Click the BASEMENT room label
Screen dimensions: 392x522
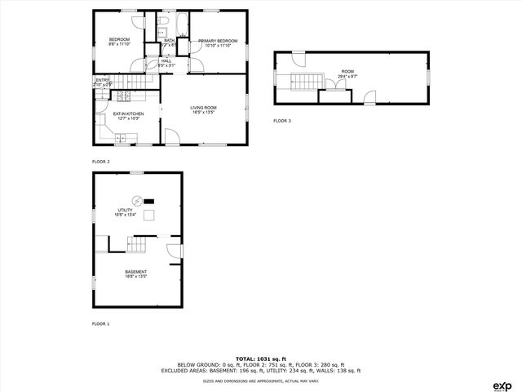135,274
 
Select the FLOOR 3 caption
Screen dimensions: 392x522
281,121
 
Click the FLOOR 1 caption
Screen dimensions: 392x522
100,324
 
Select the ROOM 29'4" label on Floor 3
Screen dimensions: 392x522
348,73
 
